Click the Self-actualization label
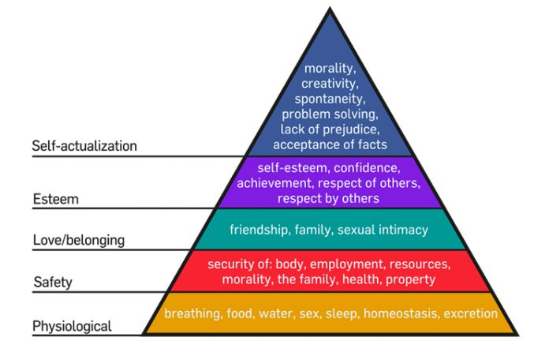click(x=84, y=146)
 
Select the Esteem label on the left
click(x=56, y=199)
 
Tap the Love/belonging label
click(x=79, y=241)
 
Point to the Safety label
click(x=53, y=282)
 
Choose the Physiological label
click(x=72, y=326)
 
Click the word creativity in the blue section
click(x=330, y=84)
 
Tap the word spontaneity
click(x=330, y=99)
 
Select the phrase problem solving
click(x=330, y=114)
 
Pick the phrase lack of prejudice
click(x=330, y=129)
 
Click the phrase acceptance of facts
click(x=330, y=144)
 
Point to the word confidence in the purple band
click(x=367, y=168)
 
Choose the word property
click(x=410, y=279)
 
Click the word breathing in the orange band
click(x=193, y=313)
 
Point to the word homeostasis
click(x=401, y=313)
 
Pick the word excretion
click(x=471, y=313)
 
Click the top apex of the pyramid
click(x=330, y=8)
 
